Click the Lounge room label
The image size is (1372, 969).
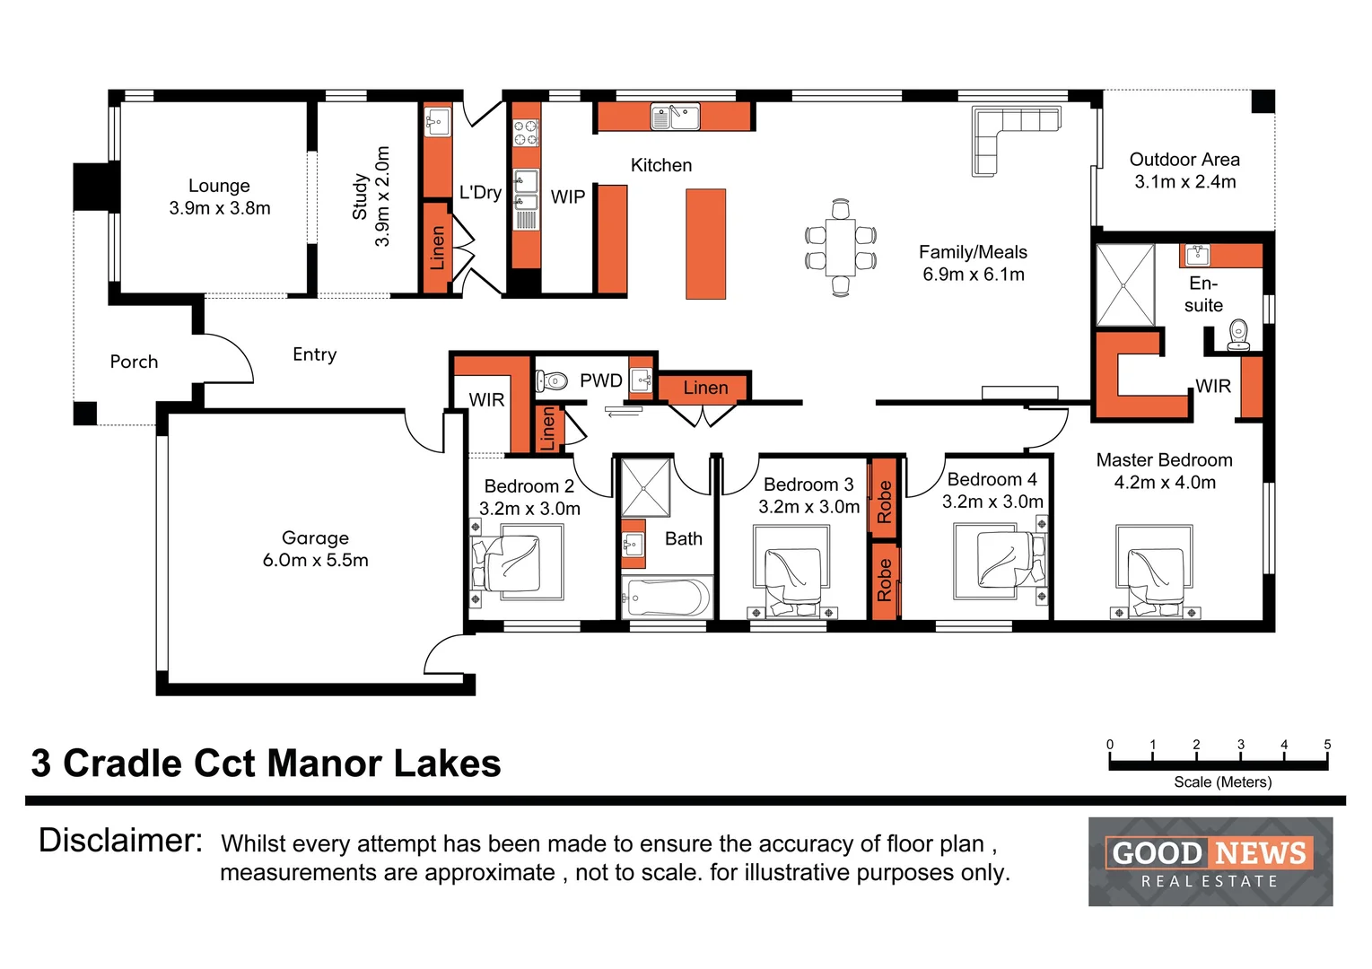tap(219, 186)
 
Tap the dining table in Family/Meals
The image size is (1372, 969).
tap(841, 248)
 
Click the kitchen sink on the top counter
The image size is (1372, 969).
tap(675, 117)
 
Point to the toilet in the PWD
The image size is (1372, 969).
tap(551, 381)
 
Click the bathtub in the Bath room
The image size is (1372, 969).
tap(667, 598)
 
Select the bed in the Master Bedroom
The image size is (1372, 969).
tap(1155, 571)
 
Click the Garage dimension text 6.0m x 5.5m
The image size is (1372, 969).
tap(316, 560)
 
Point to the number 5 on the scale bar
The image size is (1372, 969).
tap(1327, 744)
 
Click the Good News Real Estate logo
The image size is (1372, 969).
tap(1210, 861)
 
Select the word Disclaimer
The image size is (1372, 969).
tap(120, 841)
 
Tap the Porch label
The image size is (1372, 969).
tap(134, 362)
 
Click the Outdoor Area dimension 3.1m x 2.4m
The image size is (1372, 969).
tap(1185, 182)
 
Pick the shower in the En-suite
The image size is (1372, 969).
tap(1125, 285)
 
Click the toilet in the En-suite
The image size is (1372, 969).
tap(1238, 335)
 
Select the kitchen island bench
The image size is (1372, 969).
tap(705, 244)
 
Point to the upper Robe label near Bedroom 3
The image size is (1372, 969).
tap(884, 502)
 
